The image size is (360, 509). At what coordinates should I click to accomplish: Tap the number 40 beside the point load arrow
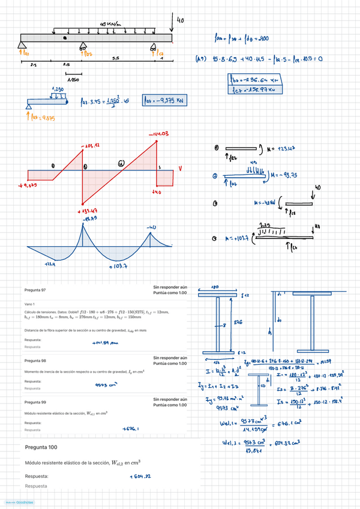point(180,20)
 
